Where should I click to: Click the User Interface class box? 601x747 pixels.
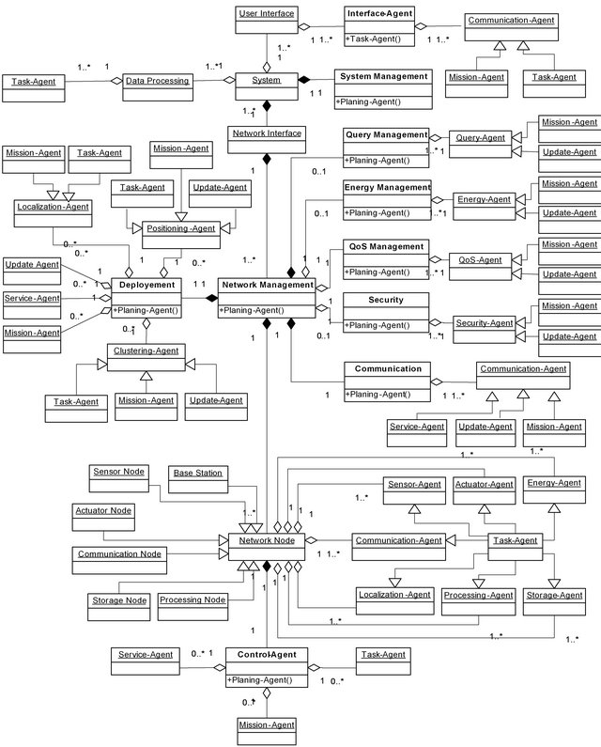point(266,14)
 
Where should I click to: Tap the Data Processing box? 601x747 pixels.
point(158,82)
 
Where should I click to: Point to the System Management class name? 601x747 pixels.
point(383,76)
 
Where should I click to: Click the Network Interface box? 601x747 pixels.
point(266,133)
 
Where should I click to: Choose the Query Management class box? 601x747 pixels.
point(386,135)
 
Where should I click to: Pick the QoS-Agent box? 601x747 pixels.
point(475,259)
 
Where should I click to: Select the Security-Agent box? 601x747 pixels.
point(484,322)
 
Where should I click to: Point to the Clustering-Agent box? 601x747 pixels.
point(145,352)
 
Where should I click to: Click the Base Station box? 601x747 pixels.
point(198,473)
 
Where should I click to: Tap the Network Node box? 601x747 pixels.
point(266,540)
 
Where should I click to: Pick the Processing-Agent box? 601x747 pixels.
point(477,594)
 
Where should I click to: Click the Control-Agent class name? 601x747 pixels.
point(266,653)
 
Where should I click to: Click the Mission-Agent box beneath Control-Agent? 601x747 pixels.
point(266,724)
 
